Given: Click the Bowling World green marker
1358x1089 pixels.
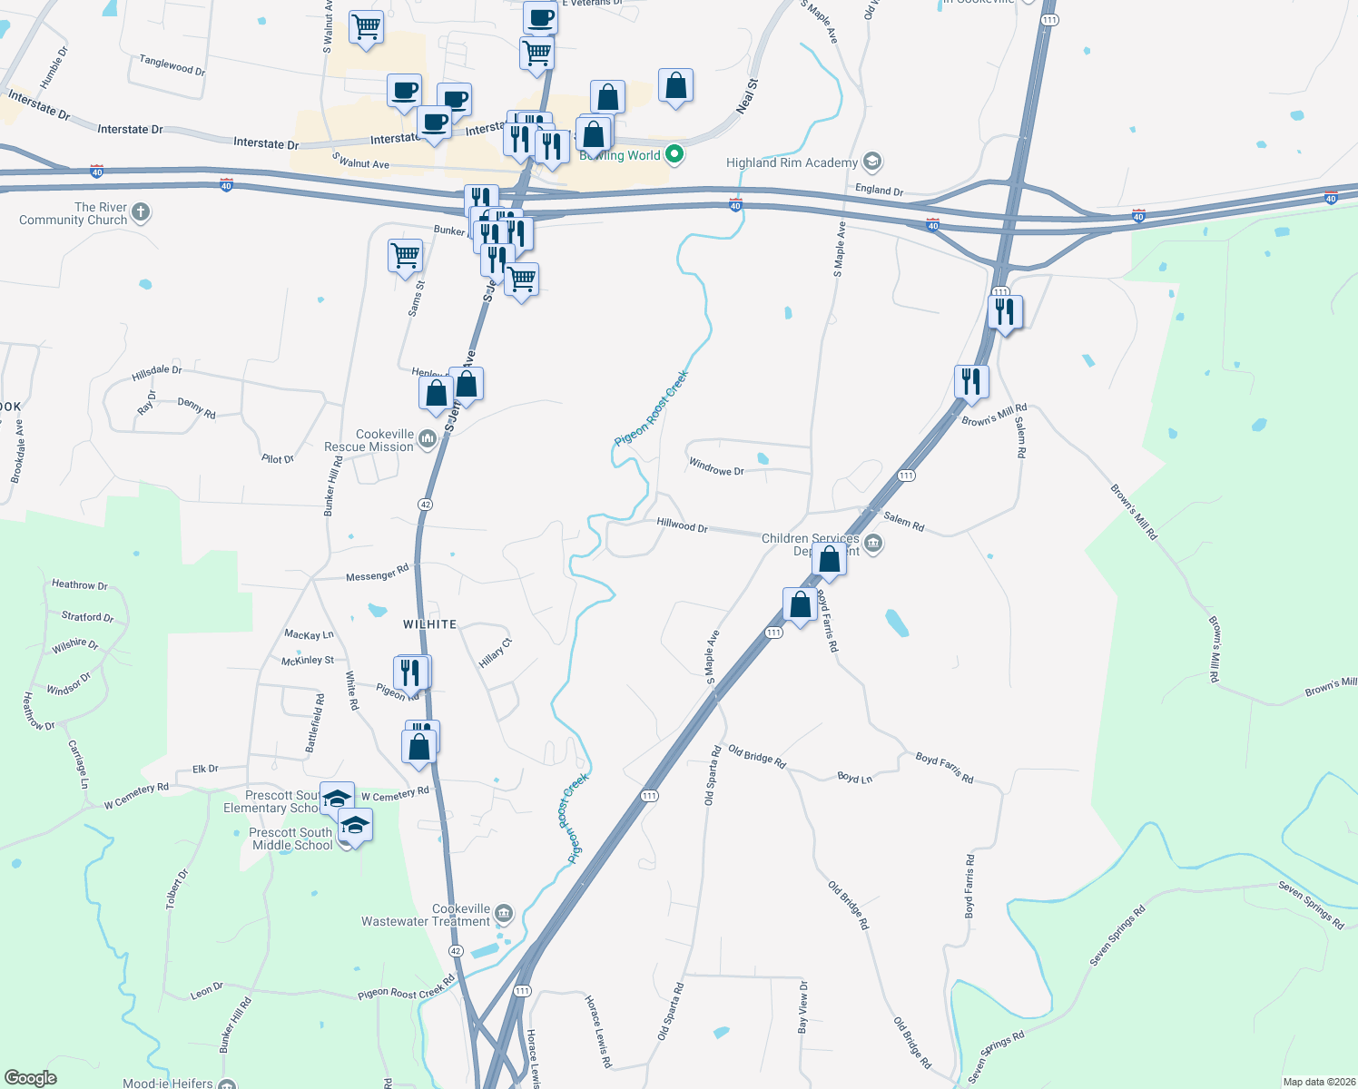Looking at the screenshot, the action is (x=674, y=154).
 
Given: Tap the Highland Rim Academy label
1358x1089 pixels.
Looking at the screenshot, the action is (x=792, y=163).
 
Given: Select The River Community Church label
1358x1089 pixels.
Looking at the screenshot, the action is (x=74, y=213).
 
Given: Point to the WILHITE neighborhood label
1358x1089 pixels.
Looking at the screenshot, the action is (x=429, y=624).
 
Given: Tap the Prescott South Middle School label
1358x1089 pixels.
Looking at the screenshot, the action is (x=292, y=839).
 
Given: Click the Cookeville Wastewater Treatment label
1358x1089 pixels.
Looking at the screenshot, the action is (x=426, y=915).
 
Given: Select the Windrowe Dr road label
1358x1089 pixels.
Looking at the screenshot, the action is (x=715, y=467).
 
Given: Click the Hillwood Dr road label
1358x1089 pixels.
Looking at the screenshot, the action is (x=682, y=525).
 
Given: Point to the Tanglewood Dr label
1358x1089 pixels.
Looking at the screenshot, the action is (x=172, y=64).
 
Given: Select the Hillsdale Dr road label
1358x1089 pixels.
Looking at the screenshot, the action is (x=156, y=372).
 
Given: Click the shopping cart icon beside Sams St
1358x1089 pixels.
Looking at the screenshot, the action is (x=405, y=254).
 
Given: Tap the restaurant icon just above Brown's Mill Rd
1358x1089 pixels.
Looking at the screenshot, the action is (x=971, y=381).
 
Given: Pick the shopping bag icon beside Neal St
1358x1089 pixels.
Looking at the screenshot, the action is (x=675, y=86).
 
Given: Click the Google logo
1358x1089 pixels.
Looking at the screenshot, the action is (x=31, y=1077).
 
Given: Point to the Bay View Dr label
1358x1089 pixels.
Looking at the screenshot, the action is (x=802, y=1007).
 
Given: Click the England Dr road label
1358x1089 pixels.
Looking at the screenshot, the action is (x=879, y=190).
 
